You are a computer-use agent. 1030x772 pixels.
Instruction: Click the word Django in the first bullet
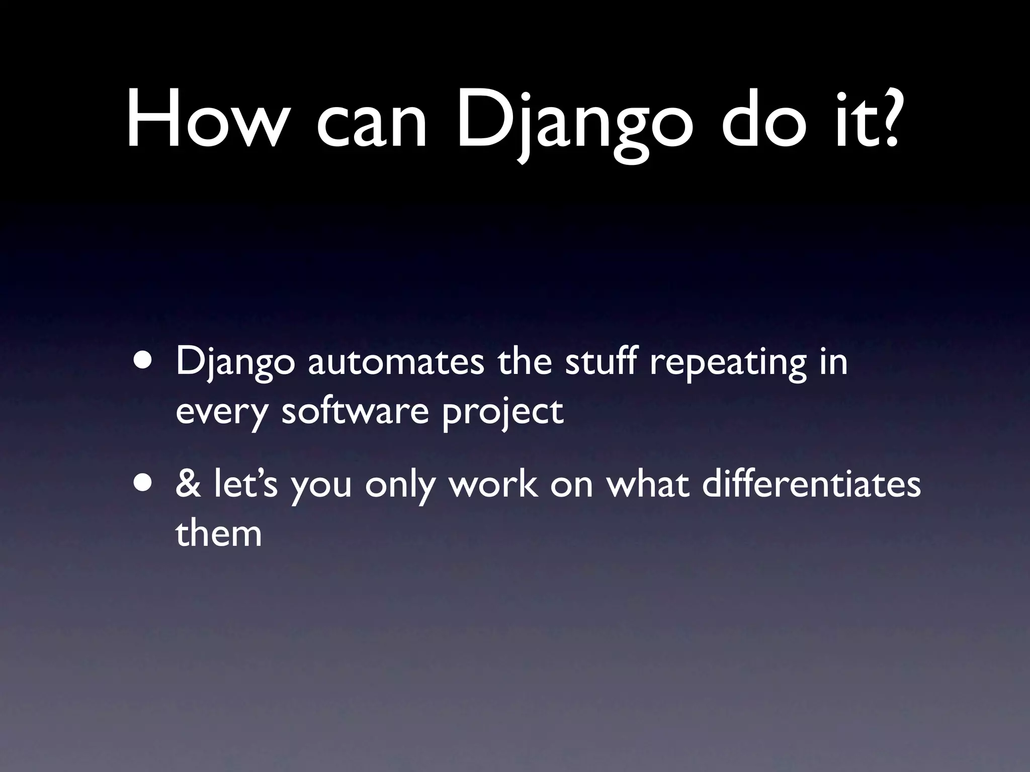(x=234, y=364)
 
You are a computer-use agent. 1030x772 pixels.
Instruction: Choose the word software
(x=355, y=411)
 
